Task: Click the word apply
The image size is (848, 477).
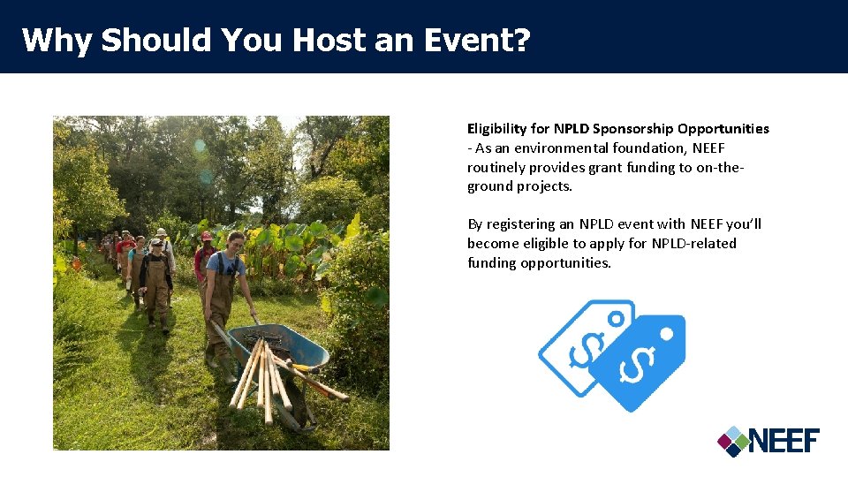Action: tap(627, 244)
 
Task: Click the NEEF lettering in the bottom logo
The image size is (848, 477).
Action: tap(784, 440)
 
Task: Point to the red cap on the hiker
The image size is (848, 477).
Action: tap(206, 236)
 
